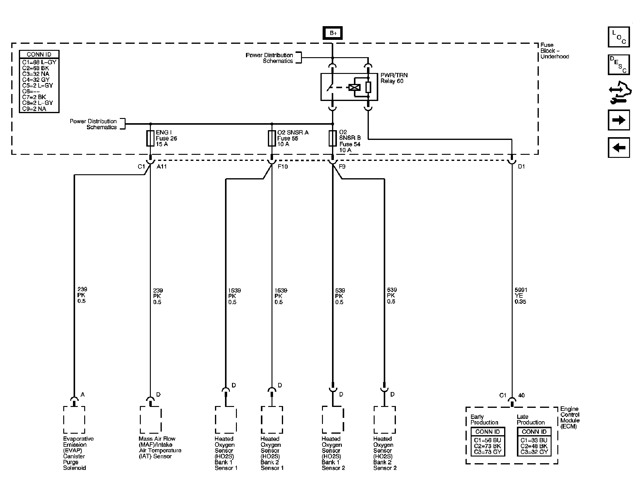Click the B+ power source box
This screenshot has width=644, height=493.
click(x=333, y=33)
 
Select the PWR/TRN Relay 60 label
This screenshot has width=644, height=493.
click(x=394, y=78)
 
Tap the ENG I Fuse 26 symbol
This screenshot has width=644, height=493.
click(x=150, y=138)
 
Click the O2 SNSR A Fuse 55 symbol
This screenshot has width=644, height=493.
click(x=272, y=138)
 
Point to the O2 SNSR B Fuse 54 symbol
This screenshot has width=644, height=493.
click(x=333, y=138)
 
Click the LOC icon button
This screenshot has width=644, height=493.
click(x=619, y=37)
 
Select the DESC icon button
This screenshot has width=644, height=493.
click(x=619, y=65)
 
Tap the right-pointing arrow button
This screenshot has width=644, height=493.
click(x=619, y=120)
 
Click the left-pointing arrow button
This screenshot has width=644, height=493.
click(x=619, y=148)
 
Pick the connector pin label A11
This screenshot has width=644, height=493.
click(x=161, y=167)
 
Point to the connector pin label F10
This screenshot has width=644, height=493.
click(x=283, y=167)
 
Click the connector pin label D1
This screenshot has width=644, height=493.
click(x=521, y=167)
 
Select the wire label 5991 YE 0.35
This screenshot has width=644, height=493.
click(x=521, y=296)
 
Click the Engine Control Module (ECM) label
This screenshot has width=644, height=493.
click(x=570, y=418)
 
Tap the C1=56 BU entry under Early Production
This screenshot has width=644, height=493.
click(x=487, y=440)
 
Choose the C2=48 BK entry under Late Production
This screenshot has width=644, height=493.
click(x=534, y=446)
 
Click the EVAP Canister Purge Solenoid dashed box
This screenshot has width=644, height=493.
click(x=74, y=420)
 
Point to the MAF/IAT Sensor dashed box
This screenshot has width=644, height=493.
click(x=151, y=420)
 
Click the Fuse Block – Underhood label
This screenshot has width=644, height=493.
click(x=555, y=51)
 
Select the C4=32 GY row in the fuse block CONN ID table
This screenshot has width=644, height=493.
click(x=36, y=80)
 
